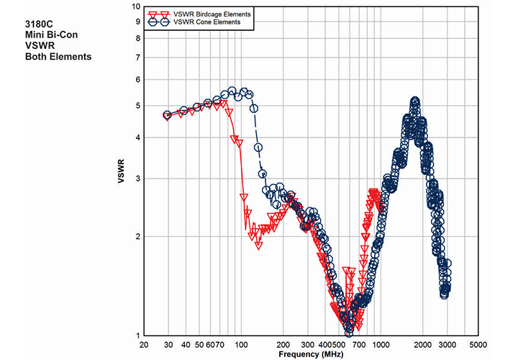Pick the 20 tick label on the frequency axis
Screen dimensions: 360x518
pyautogui.click(x=144, y=344)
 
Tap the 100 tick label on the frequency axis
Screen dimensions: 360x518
pyautogui.click(x=241, y=344)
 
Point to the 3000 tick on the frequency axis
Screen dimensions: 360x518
pyautogui.click(x=446, y=344)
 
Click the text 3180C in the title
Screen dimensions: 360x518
pyautogui.click(x=39, y=24)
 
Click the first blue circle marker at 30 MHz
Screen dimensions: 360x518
pyautogui.click(x=168, y=115)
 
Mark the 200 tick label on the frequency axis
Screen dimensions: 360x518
pyautogui.click(x=283, y=344)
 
